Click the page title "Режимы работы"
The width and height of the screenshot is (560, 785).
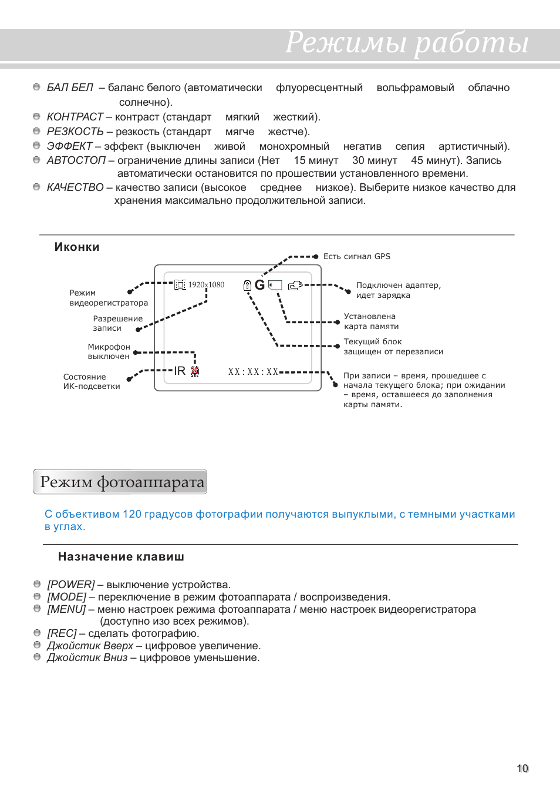click(406, 43)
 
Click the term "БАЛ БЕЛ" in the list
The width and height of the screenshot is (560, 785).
click(70, 88)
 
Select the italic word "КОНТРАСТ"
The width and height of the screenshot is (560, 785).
click(75, 117)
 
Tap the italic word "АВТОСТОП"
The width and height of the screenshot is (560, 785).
click(76, 160)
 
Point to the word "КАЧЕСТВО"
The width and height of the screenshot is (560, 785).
click(75, 187)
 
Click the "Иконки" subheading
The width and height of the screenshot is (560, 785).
click(77, 247)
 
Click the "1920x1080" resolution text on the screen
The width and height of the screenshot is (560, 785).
click(206, 285)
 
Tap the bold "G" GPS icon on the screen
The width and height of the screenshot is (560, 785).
click(259, 285)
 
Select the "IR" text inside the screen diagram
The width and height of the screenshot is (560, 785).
click(180, 371)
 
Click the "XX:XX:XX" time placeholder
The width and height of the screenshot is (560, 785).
click(253, 372)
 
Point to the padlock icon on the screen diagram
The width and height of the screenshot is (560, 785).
click(247, 286)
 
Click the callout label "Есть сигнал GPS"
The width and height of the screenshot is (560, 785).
click(356, 257)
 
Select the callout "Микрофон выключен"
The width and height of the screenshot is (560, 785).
click(109, 351)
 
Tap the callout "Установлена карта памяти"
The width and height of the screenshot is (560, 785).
click(371, 321)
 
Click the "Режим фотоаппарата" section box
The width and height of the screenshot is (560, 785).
click(120, 482)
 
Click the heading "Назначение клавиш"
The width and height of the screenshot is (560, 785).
click(121, 557)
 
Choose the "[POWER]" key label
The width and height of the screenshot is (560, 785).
click(71, 585)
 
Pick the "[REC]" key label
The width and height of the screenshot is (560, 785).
click(62, 633)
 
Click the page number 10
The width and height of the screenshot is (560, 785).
click(522, 769)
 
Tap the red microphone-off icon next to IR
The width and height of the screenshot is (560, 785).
click(195, 371)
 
